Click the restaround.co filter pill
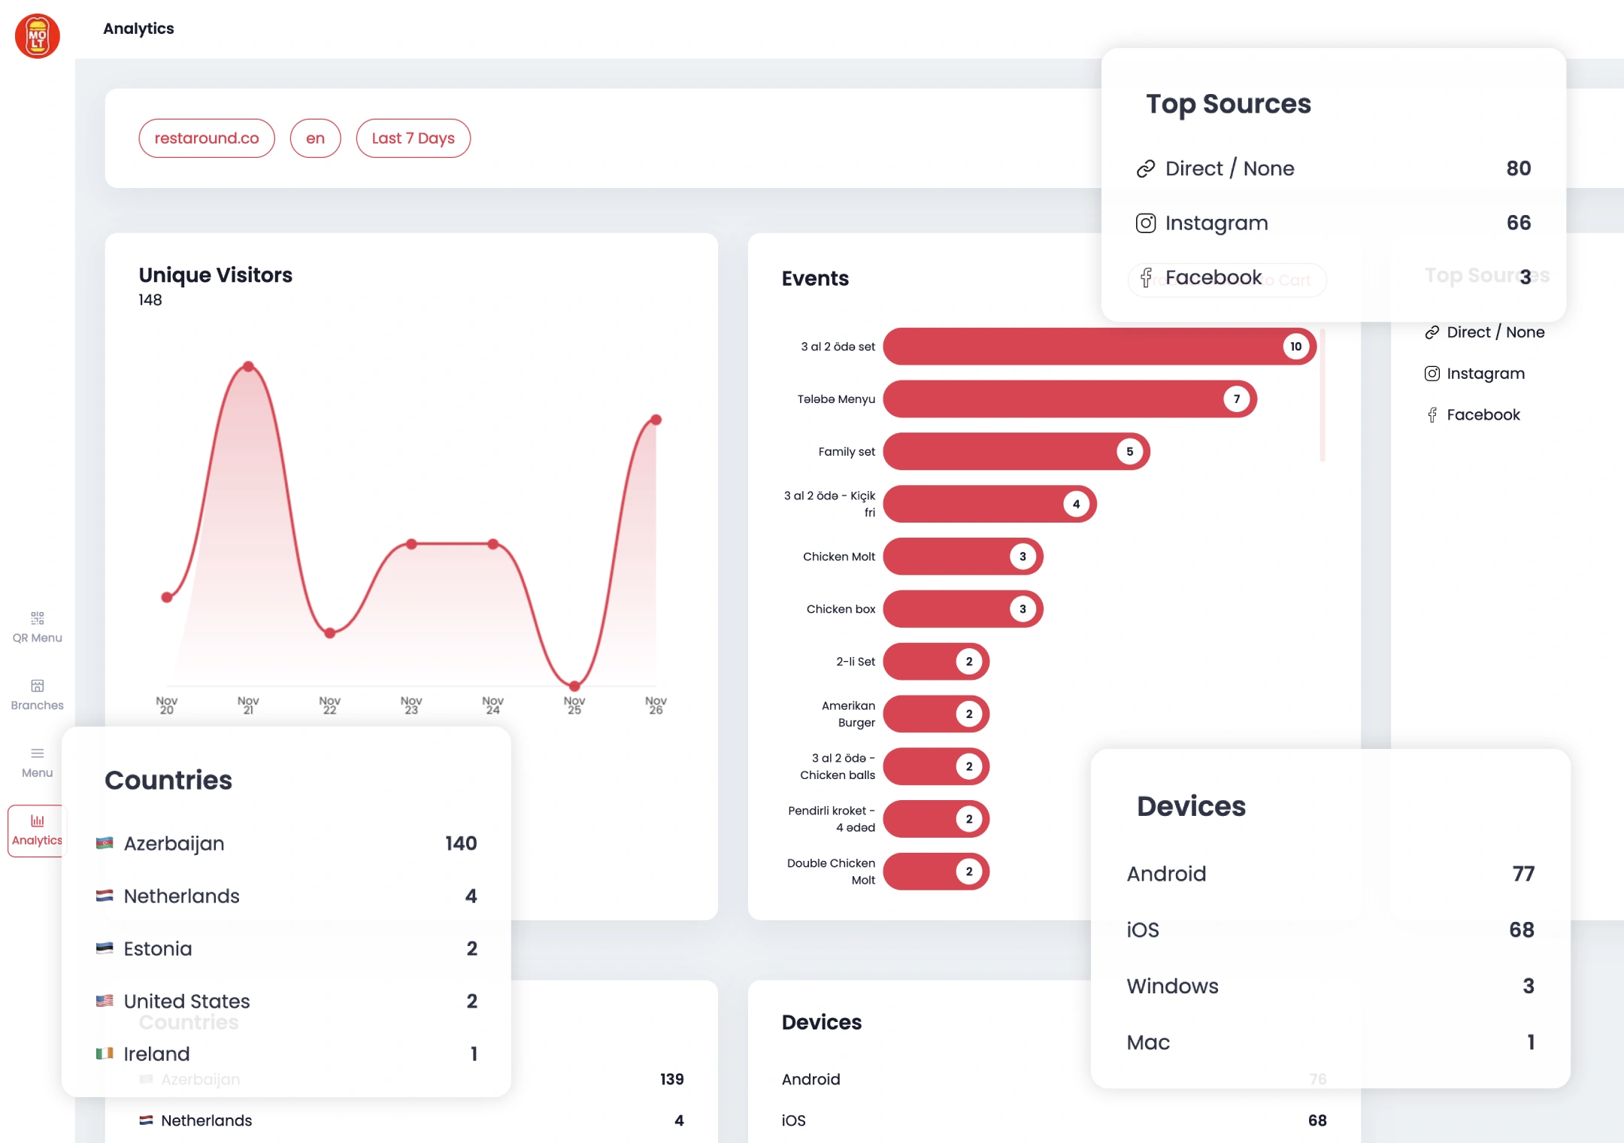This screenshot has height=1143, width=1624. tap(207, 138)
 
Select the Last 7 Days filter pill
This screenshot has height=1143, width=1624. tap(413, 138)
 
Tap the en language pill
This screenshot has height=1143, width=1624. tap(315, 138)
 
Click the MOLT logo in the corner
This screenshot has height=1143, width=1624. tap(38, 36)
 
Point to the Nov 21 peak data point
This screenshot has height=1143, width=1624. tap(248, 367)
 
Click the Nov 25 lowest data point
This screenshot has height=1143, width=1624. tap(574, 686)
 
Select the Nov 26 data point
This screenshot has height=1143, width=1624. tap(656, 420)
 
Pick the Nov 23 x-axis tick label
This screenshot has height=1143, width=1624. tap(411, 705)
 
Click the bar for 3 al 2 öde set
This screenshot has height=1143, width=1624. tap(1083, 347)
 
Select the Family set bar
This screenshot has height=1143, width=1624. tap(1000, 452)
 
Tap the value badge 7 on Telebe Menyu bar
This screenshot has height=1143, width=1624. tap(1237, 399)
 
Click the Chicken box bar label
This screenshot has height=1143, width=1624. tap(841, 609)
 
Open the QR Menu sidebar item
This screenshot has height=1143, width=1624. tap(38, 627)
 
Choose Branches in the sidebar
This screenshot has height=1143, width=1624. tap(38, 695)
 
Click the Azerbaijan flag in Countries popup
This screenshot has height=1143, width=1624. tap(105, 844)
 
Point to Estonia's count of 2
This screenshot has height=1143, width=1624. tap(471, 949)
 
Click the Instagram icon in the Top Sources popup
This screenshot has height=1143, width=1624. tap(1146, 223)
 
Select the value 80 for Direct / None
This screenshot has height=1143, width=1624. tap(1518, 168)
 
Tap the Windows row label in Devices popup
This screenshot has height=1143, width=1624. tap(1172, 987)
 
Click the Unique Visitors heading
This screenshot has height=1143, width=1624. tap(216, 275)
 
